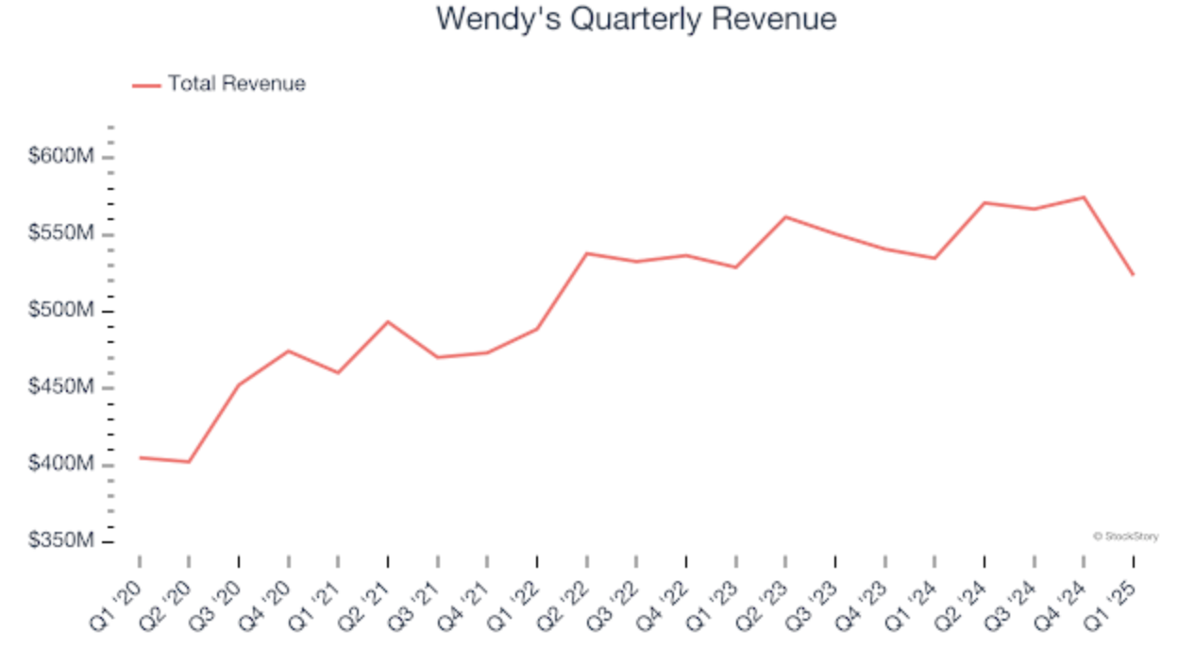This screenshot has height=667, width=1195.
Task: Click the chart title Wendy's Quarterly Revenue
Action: click(635, 19)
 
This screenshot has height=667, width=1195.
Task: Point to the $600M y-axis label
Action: click(61, 157)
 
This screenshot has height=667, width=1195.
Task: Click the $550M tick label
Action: click(61, 233)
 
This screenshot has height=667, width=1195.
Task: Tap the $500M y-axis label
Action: click(61, 311)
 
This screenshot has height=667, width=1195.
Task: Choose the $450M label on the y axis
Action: click(61, 387)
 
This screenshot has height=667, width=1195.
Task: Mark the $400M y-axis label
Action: click(61, 465)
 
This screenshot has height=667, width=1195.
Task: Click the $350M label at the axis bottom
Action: click(61, 541)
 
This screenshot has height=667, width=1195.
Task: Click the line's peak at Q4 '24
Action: click(1084, 197)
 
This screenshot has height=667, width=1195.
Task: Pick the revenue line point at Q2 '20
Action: click(189, 462)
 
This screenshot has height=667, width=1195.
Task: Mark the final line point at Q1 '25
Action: click(1133, 275)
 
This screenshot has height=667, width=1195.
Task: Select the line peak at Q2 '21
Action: click(388, 322)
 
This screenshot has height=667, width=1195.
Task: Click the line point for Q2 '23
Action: click(785, 217)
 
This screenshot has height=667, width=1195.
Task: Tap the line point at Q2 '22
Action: click(587, 253)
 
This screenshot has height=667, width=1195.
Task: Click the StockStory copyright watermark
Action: click(1125, 537)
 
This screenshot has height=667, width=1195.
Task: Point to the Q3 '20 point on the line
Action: click(239, 385)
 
